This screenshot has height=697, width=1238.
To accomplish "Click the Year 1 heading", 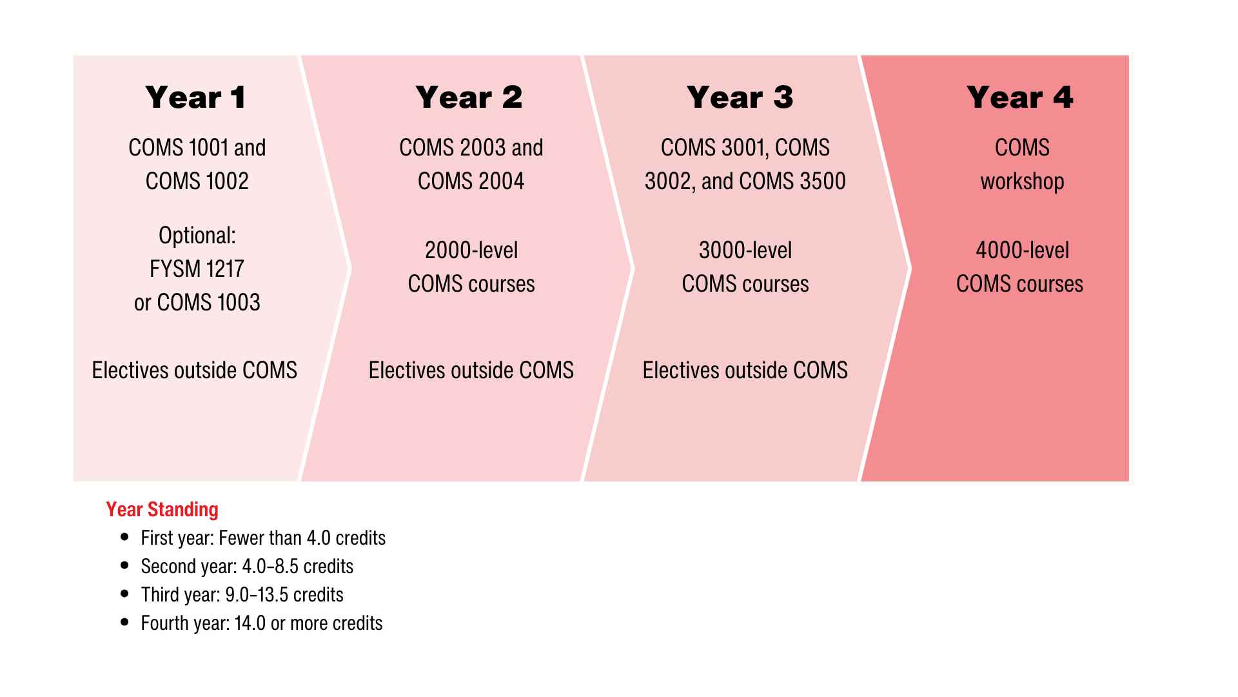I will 195,97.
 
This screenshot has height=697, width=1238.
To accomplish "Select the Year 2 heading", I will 469,97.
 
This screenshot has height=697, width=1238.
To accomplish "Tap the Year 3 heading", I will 740,97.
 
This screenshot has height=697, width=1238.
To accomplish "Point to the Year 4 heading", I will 1019,97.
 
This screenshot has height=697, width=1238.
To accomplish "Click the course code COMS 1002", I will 197,181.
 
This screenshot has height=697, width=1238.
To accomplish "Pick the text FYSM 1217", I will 197,269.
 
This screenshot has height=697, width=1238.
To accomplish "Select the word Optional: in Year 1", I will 197,236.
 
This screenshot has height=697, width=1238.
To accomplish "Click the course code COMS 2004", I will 471,181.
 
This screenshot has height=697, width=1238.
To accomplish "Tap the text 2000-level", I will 471,250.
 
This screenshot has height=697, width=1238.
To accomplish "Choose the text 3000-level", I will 745,250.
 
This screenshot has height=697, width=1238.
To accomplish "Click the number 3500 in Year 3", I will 822,181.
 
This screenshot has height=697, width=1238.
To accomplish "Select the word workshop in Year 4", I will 1022,181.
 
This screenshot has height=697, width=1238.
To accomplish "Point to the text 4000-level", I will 1022,250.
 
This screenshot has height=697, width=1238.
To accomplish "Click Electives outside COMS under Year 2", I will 471,370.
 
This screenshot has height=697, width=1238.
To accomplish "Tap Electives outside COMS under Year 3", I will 745,370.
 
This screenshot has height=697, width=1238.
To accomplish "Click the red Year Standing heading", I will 162,510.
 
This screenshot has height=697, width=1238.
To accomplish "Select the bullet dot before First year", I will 125,537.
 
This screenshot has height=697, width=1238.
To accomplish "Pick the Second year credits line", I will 247,567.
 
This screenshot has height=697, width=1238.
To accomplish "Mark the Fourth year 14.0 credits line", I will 261,623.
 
